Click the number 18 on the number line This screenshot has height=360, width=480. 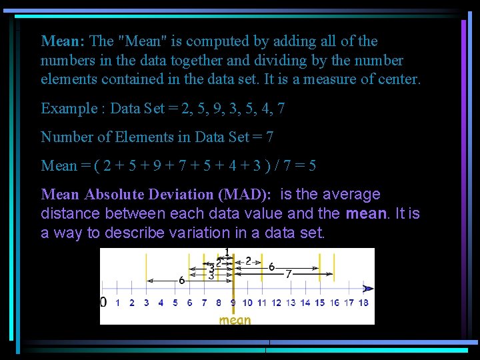point(363,303)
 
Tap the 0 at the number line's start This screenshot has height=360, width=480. point(103,303)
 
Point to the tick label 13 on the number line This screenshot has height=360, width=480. point(291,303)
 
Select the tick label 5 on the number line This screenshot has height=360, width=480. point(175,303)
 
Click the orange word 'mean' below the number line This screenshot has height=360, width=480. point(235,321)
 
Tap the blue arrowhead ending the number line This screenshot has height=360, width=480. point(367,289)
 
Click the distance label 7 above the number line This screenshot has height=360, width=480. point(289,274)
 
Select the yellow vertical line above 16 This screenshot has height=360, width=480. point(334,270)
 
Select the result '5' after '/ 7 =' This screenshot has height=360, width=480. point(312,165)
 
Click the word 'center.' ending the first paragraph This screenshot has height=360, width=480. point(397,79)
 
